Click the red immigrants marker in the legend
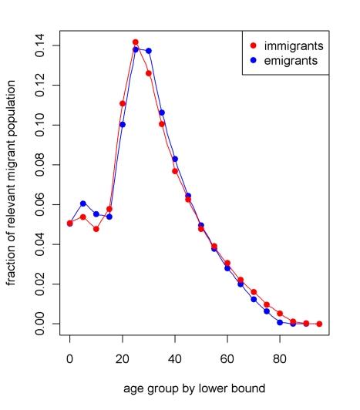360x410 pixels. pos(255,45)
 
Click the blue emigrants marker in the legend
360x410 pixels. pos(255,60)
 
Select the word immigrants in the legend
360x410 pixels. pos(294,45)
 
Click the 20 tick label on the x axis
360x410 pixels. pos(123,358)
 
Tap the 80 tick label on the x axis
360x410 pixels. pos(280,358)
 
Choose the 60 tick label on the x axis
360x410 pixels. pos(227,358)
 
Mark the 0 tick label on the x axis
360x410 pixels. pos(70,358)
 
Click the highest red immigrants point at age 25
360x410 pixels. pos(136,42)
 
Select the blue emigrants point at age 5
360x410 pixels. pos(83,203)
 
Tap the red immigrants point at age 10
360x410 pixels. pos(96,229)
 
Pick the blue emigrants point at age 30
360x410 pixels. pos(149,51)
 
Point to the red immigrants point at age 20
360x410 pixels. pos(123,103)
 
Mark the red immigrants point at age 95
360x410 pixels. pos(319,324)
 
